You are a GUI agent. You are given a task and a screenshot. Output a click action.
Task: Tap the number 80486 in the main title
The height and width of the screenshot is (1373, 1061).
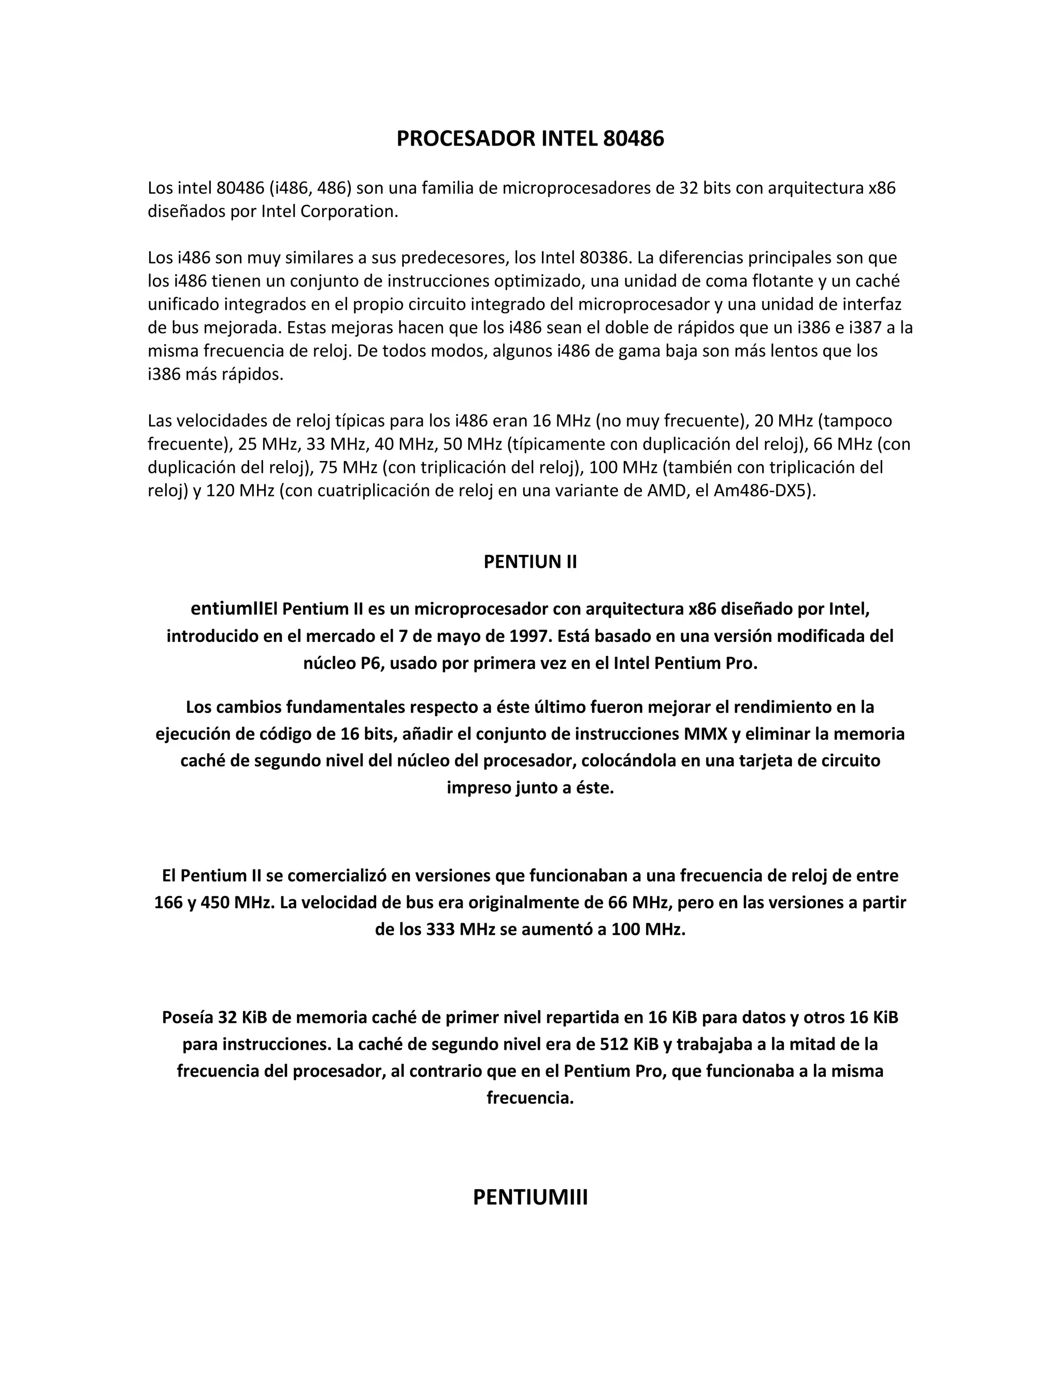click(x=633, y=139)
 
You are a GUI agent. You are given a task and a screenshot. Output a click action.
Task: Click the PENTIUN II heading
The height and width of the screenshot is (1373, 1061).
click(x=530, y=562)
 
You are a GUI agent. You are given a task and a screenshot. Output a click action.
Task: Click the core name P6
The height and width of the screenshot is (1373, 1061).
click(x=371, y=664)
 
